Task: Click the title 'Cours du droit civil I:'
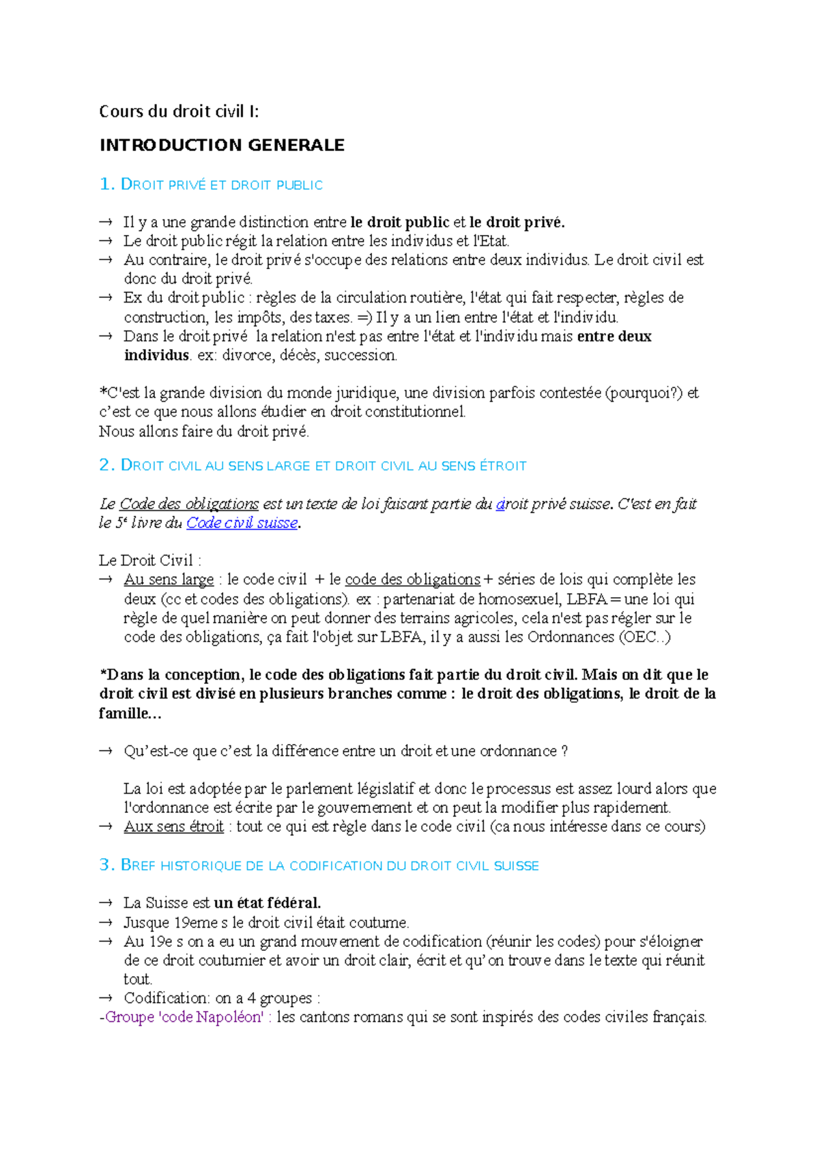pyautogui.click(x=179, y=111)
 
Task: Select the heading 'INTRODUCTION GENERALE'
pyautogui.click(x=222, y=145)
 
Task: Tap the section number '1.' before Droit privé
pyautogui.click(x=106, y=184)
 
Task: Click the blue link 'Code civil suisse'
pyautogui.click(x=242, y=523)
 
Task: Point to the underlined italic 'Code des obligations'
pyautogui.click(x=189, y=504)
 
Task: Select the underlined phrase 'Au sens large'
pyautogui.click(x=169, y=579)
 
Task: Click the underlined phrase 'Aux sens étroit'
pyautogui.click(x=173, y=827)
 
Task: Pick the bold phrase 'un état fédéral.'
pyautogui.click(x=267, y=902)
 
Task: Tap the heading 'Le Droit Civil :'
pyautogui.click(x=150, y=560)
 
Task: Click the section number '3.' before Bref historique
pyautogui.click(x=106, y=865)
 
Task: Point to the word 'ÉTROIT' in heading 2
pyautogui.click(x=503, y=466)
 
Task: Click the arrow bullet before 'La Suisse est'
pyautogui.click(x=106, y=903)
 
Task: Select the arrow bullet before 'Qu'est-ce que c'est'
pyautogui.click(x=106, y=751)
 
